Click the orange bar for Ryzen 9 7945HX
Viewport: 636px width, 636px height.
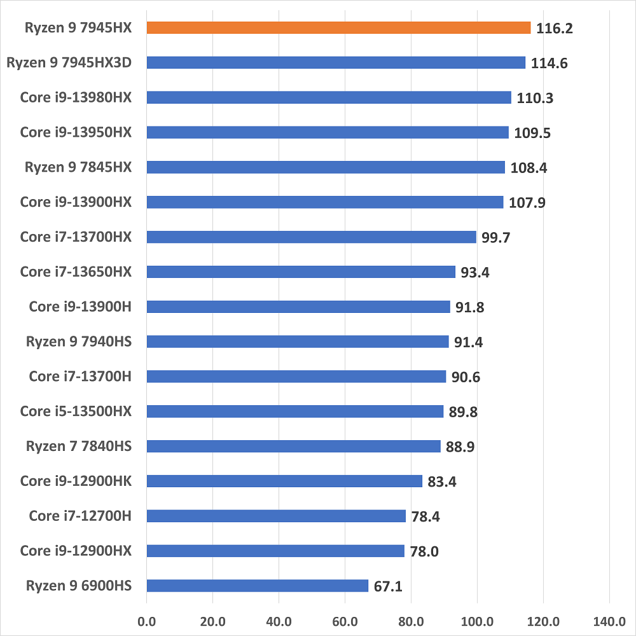coord(338,27)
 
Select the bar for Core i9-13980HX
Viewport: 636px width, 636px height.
coord(329,97)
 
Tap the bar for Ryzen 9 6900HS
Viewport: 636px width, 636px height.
coord(258,585)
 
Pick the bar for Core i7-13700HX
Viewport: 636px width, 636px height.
coord(312,237)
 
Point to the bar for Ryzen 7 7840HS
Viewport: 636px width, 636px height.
coord(294,446)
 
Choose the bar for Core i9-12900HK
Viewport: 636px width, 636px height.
coord(284,481)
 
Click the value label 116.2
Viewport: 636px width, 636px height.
coord(555,29)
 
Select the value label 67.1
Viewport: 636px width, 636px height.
coord(388,586)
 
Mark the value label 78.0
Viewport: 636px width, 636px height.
coord(425,551)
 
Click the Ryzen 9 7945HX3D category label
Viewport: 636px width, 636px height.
coord(68,62)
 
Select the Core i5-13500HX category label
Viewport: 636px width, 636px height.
coord(76,411)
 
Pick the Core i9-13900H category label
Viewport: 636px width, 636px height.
coord(80,307)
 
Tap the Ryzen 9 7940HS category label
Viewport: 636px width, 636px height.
coord(79,342)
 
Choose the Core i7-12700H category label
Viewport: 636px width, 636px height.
coord(80,515)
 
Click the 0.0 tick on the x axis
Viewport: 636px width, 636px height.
coord(147,619)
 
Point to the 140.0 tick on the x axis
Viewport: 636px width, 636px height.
coord(609,619)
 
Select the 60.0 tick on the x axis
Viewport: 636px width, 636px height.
coord(345,619)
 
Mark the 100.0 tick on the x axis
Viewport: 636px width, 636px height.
coord(477,619)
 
